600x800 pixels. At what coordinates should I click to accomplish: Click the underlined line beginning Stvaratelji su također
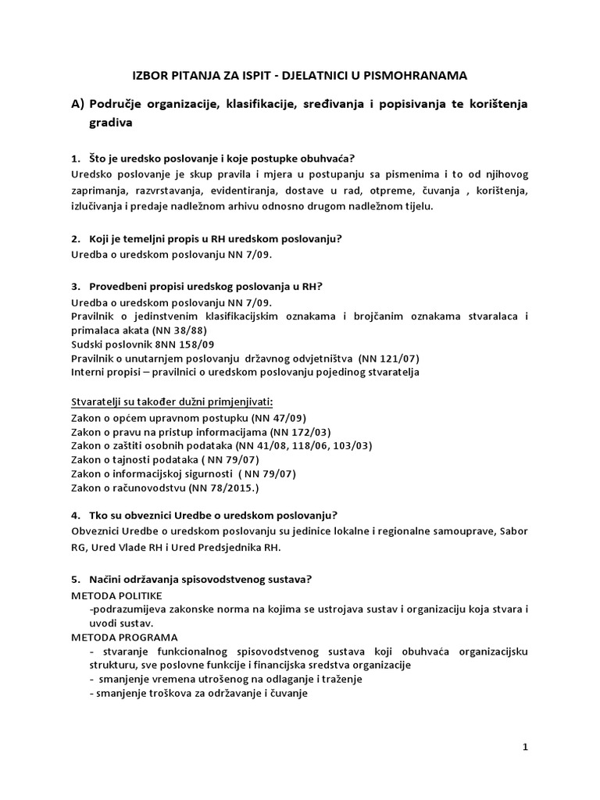(x=171, y=401)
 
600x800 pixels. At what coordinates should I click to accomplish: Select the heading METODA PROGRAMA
(x=120, y=637)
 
